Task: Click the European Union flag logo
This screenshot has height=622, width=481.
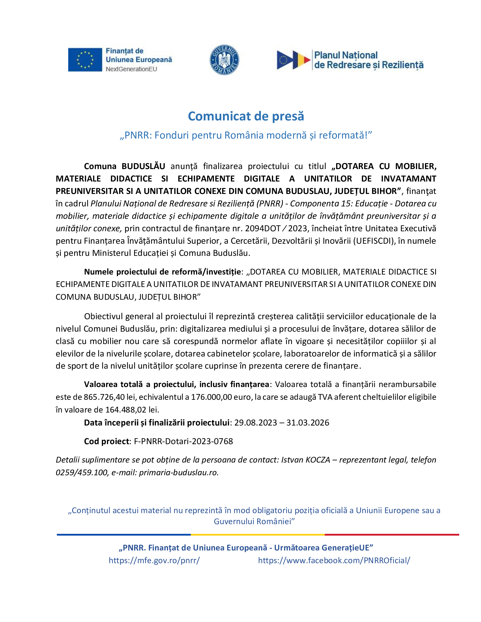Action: coord(85,60)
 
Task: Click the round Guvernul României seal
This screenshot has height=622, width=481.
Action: coord(224,60)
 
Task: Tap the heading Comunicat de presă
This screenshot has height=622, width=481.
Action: coord(246,116)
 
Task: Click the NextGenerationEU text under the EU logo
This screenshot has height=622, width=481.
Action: coord(131,69)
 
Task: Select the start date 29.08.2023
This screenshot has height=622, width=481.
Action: coord(255,422)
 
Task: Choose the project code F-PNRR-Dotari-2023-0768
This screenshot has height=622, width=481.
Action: coord(184,441)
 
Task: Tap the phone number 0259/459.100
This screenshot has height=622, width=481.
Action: coord(82,472)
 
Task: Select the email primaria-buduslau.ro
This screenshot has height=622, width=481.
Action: coord(179,472)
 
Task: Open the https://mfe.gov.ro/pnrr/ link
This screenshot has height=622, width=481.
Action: coord(154,560)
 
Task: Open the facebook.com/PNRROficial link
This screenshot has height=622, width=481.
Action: coord(334,560)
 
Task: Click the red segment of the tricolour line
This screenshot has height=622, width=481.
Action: coord(392,535)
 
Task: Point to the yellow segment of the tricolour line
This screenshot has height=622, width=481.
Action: coord(257,535)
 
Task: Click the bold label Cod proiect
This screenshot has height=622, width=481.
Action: coord(107,441)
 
